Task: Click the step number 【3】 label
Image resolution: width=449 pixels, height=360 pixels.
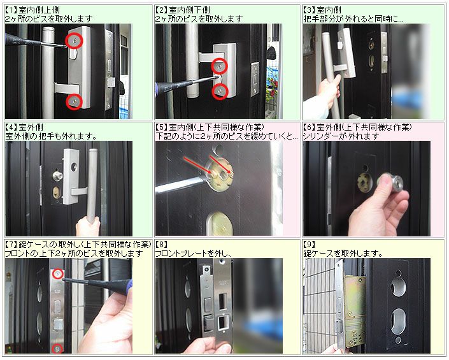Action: [310, 10]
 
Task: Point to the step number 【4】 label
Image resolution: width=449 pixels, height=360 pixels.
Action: [11, 127]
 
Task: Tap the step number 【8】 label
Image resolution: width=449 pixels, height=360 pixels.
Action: [162, 245]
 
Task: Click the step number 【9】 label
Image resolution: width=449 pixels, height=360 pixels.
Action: [310, 245]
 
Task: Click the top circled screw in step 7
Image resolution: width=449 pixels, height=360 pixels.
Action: [57, 275]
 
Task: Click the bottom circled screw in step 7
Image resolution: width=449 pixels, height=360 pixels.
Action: [58, 349]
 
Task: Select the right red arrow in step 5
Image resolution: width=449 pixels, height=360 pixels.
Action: [221, 164]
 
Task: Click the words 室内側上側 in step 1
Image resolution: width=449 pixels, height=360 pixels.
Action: [39, 10]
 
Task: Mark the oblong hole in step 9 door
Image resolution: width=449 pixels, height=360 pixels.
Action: [398, 321]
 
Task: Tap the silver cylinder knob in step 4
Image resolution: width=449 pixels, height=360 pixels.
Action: [57, 175]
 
